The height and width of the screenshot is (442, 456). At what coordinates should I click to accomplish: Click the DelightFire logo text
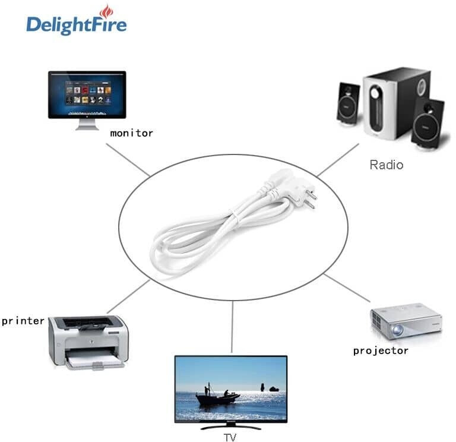(77, 25)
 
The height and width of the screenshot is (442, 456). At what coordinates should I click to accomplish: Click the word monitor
(131, 133)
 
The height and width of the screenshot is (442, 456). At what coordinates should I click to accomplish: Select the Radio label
(387, 165)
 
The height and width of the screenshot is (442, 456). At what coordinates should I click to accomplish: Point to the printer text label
(23, 321)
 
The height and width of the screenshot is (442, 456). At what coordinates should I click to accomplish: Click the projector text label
(381, 351)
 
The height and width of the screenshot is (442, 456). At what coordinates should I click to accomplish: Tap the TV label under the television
(230, 437)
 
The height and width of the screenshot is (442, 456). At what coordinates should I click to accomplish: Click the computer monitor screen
(87, 94)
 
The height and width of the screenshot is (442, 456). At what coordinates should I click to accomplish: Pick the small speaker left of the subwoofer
(348, 104)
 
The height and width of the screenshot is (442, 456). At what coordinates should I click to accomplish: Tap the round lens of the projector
(397, 330)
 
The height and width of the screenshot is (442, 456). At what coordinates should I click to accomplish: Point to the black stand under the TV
(230, 427)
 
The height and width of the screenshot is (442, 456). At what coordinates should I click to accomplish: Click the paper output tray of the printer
(94, 362)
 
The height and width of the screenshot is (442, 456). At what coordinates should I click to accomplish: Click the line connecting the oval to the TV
(232, 327)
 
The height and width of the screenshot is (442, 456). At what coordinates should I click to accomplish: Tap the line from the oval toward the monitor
(128, 160)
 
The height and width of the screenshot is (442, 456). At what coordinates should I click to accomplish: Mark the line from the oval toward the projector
(347, 288)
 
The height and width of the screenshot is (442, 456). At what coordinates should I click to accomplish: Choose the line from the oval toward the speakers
(338, 160)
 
